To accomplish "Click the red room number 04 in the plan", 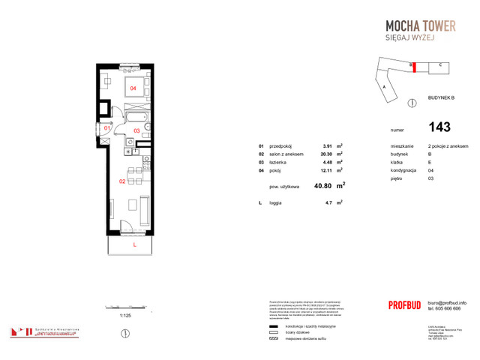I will [x=133, y=88].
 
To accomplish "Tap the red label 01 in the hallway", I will [x=107, y=128].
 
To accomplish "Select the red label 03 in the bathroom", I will [x=136, y=131].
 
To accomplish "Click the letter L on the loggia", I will [x=133, y=244].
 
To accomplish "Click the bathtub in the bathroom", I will [x=136, y=118].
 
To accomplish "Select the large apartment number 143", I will [x=439, y=127].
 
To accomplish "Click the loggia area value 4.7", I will [x=327, y=202].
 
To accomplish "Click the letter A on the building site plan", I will [x=383, y=87].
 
